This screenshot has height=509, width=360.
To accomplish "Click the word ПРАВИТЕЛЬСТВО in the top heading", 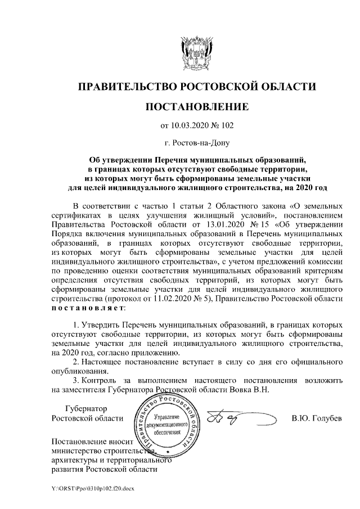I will pos(124,86).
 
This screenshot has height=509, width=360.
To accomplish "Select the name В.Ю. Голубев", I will pos(316,418).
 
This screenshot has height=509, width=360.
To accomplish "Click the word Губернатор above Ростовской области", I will pos(85,408).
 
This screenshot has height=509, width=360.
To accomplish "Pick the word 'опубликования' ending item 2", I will pos(78,371).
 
